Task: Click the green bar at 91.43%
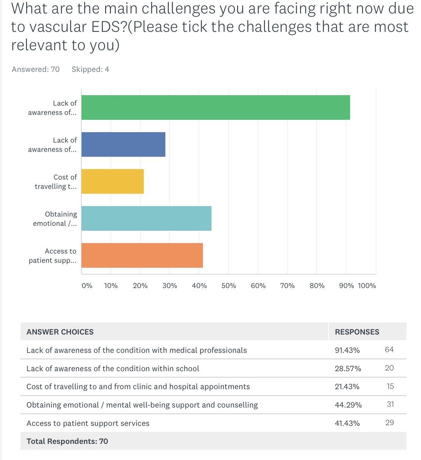point(216,108)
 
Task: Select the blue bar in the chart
point(123,145)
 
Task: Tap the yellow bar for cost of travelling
point(112,181)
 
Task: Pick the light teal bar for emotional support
point(146,218)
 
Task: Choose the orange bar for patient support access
point(142,255)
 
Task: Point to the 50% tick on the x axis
point(229,286)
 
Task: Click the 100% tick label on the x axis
point(367,286)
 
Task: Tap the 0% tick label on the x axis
point(87,286)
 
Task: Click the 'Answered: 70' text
point(36,69)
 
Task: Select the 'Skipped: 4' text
point(90,69)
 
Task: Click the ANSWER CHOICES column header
point(60,332)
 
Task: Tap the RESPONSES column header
point(357,332)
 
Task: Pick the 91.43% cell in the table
point(347,350)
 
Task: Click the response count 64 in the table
point(389,349)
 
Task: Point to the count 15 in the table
point(390,386)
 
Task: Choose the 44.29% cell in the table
point(348,405)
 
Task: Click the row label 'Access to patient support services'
point(88,423)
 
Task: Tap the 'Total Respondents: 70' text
point(67,441)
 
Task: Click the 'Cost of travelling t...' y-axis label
point(56,182)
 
